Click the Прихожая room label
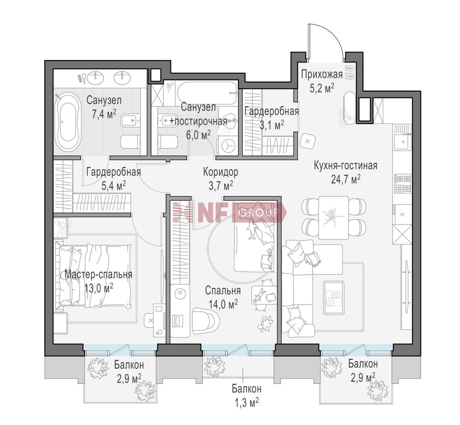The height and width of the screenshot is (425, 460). [x=322, y=75]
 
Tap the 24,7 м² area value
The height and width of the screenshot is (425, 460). [x=346, y=179]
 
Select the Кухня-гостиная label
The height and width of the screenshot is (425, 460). [x=346, y=166]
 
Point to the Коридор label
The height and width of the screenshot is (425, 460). [x=220, y=172]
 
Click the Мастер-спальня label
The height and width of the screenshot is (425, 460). [x=98, y=274]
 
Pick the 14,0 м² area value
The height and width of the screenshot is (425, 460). [x=223, y=304]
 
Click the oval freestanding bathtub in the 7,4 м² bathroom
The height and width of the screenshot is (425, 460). [x=68, y=122]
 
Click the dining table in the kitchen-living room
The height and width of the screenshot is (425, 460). [x=334, y=218]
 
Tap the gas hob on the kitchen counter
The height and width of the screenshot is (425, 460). [x=403, y=184]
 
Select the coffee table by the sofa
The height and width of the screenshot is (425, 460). [x=334, y=298]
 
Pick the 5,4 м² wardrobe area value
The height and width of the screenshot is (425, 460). [x=114, y=185]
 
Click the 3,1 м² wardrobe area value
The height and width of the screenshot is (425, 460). [x=272, y=125]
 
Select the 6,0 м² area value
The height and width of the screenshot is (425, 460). [x=198, y=135]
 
